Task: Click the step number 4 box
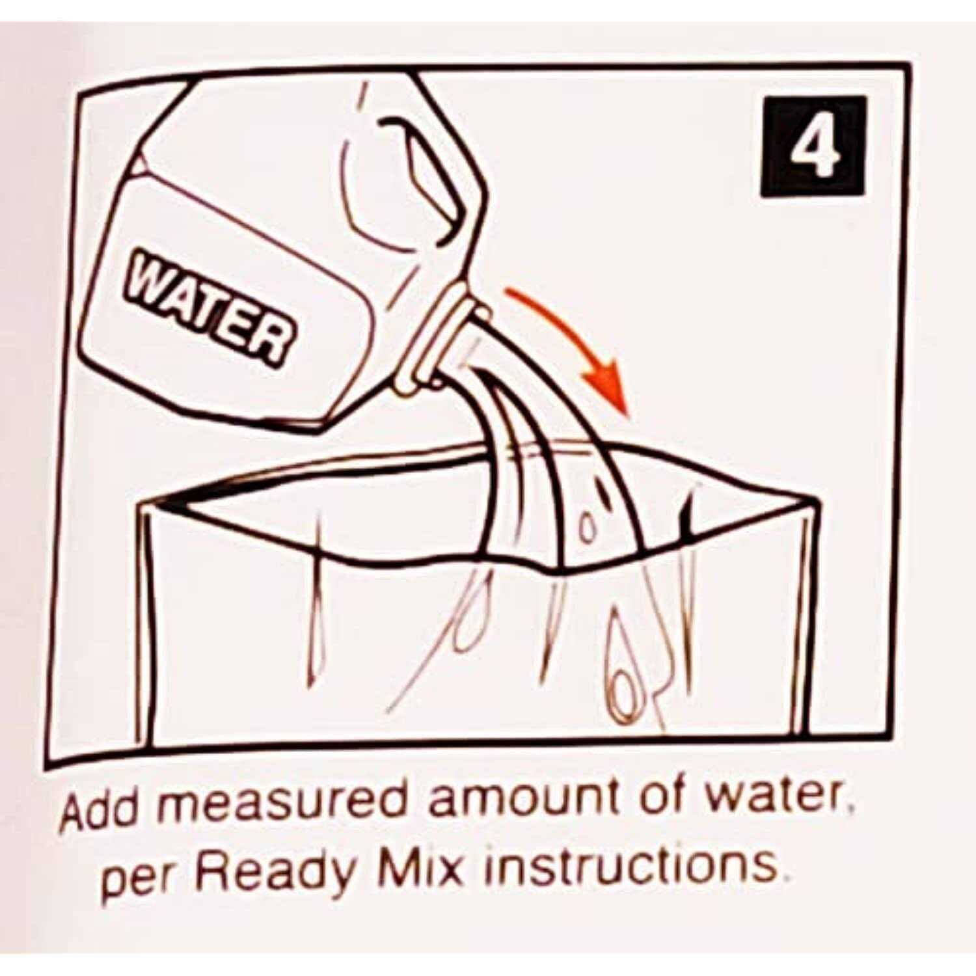813,146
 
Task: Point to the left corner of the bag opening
144,505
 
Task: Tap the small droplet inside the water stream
588,530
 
